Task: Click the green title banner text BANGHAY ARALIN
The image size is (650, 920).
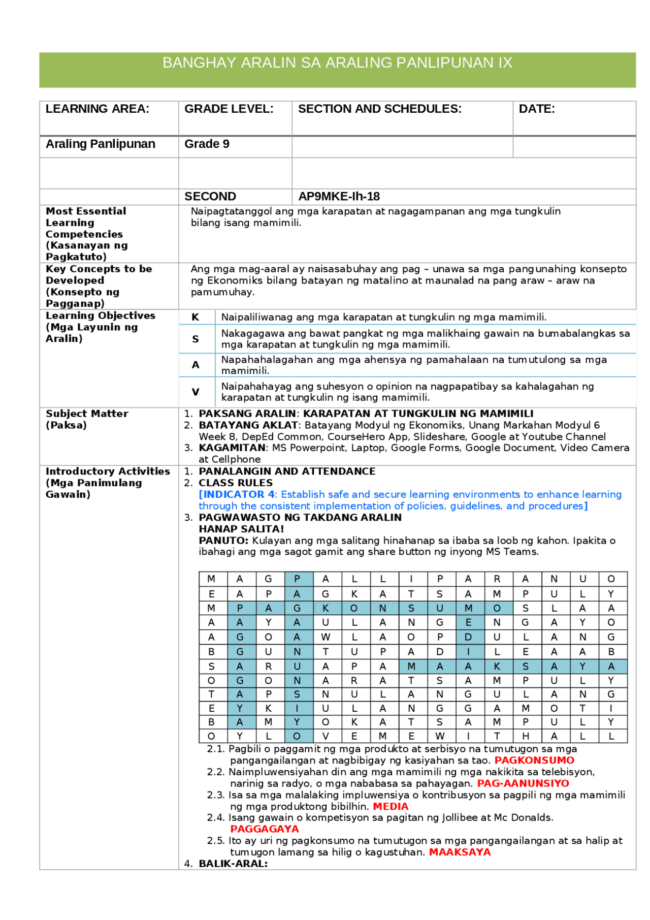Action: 337,63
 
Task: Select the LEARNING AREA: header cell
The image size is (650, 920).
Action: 97,109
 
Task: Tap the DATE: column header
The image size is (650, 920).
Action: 537,109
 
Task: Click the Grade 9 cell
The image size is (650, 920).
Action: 207,144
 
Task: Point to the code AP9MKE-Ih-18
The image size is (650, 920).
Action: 339,197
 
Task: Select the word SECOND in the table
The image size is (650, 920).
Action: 210,197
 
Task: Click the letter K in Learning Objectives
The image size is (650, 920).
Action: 196,318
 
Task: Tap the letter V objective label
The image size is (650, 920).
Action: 196,392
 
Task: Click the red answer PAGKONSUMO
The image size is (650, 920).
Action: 534,760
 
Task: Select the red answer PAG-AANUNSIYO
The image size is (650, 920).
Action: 523,783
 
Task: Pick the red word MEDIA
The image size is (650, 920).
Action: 391,807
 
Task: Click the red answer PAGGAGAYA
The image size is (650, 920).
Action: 265,829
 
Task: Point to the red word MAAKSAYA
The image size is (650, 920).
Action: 460,852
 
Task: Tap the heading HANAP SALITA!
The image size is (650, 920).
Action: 241,529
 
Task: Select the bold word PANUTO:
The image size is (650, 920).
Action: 223,541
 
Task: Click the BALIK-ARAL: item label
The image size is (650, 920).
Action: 233,864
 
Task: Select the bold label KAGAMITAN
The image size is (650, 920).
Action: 233,448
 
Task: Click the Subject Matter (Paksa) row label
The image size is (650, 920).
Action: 86,420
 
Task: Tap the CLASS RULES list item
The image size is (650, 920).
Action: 236,483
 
